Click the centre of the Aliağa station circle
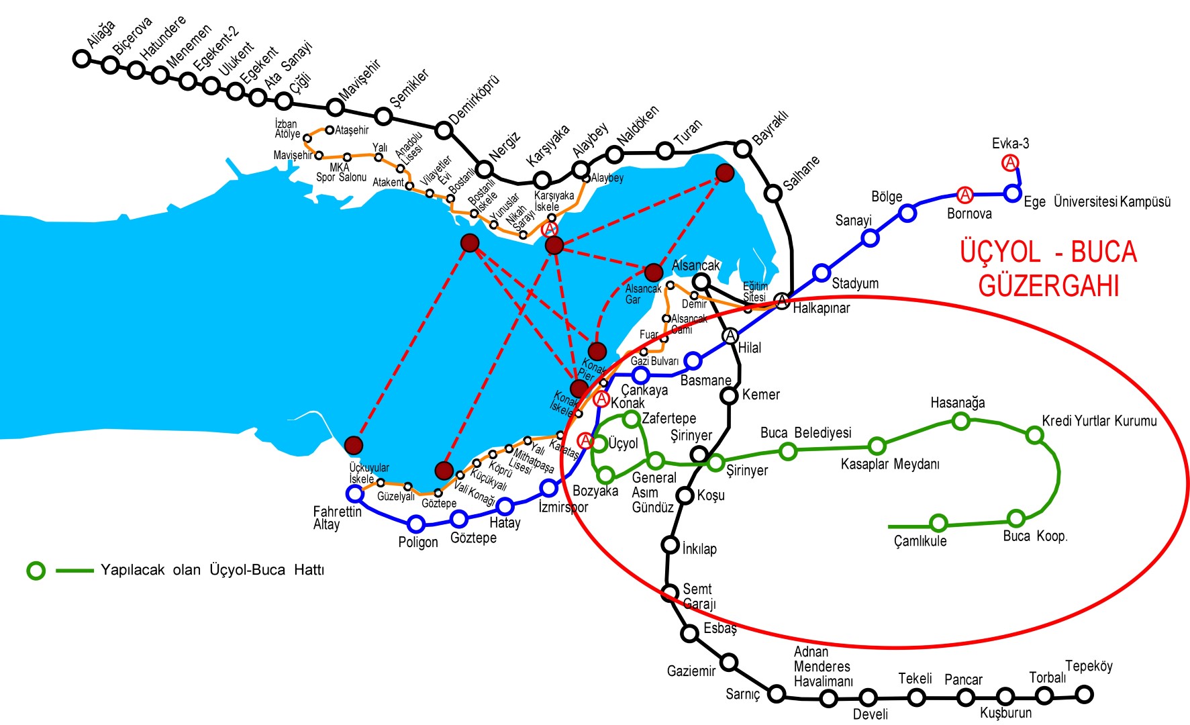pyautogui.click(x=81, y=58)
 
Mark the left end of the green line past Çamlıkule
pyautogui.click(x=889, y=526)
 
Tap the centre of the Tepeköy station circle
pyautogui.click(x=1084, y=694)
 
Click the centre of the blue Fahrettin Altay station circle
pyautogui.click(x=354, y=494)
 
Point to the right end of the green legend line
pyautogui.click(x=93, y=571)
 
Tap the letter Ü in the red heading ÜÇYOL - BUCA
pyautogui.click(x=969, y=252)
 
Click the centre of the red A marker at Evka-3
pyautogui.click(x=1009, y=162)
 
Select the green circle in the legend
pyautogui.click(x=36, y=571)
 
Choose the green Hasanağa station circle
pyautogui.click(x=961, y=421)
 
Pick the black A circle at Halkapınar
pyautogui.click(x=782, y=301)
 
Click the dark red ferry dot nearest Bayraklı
pyautogui.click(x=725, y=173)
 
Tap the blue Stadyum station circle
pyautogui.click(x=822, y=273)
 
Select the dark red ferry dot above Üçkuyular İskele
pyautogui.click(x=353, y=444)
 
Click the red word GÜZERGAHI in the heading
pyautogui.click(x=1048, y=286)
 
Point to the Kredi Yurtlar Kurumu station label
pyautogui.click(x=1099, y=421)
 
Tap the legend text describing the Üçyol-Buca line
pyautogui.click(x=212, y=570)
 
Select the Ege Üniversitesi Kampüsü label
pyautogui.click(x=1097, y=201)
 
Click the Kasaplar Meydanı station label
pyautogui.click(x=890, y=464)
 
